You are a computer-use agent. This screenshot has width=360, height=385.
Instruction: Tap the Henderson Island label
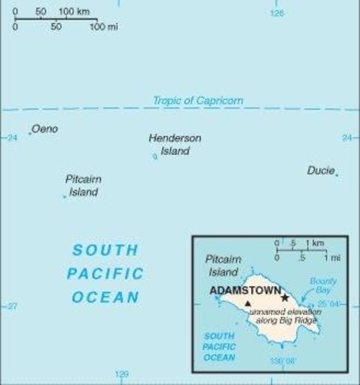(x=175, y=145)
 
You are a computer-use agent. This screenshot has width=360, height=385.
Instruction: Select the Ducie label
(x=320, y=171)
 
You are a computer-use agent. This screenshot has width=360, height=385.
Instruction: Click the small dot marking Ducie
(x=337, y=175)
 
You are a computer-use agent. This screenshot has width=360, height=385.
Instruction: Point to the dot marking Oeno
(x=30, y=133)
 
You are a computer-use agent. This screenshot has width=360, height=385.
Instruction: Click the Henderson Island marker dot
(x=155, y=157)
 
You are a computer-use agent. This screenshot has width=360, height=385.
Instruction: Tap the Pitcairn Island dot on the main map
(x=64, y=196)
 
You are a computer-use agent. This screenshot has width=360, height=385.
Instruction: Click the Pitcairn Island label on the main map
(x=83, y=186)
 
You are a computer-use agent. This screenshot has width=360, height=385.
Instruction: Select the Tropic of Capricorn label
(x=198, y=101)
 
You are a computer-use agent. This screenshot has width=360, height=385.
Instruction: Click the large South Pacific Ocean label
(x=105, y=273)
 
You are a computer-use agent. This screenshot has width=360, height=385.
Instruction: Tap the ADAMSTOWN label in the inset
(x=245, y=291)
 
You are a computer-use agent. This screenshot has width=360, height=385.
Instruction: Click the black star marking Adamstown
(x=285, y=297)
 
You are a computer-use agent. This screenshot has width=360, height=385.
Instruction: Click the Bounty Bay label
(x=323, y=285)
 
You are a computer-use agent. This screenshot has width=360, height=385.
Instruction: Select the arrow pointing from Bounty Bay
(x=307, y=296)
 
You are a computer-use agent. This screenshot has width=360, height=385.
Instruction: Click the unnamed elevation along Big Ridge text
(x=285, y=316)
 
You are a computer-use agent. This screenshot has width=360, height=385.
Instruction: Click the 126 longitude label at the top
(x=277, y=12)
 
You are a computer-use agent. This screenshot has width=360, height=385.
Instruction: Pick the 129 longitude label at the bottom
(x=121, y=374)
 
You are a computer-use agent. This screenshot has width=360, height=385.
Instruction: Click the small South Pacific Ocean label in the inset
(x=220, y=347)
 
